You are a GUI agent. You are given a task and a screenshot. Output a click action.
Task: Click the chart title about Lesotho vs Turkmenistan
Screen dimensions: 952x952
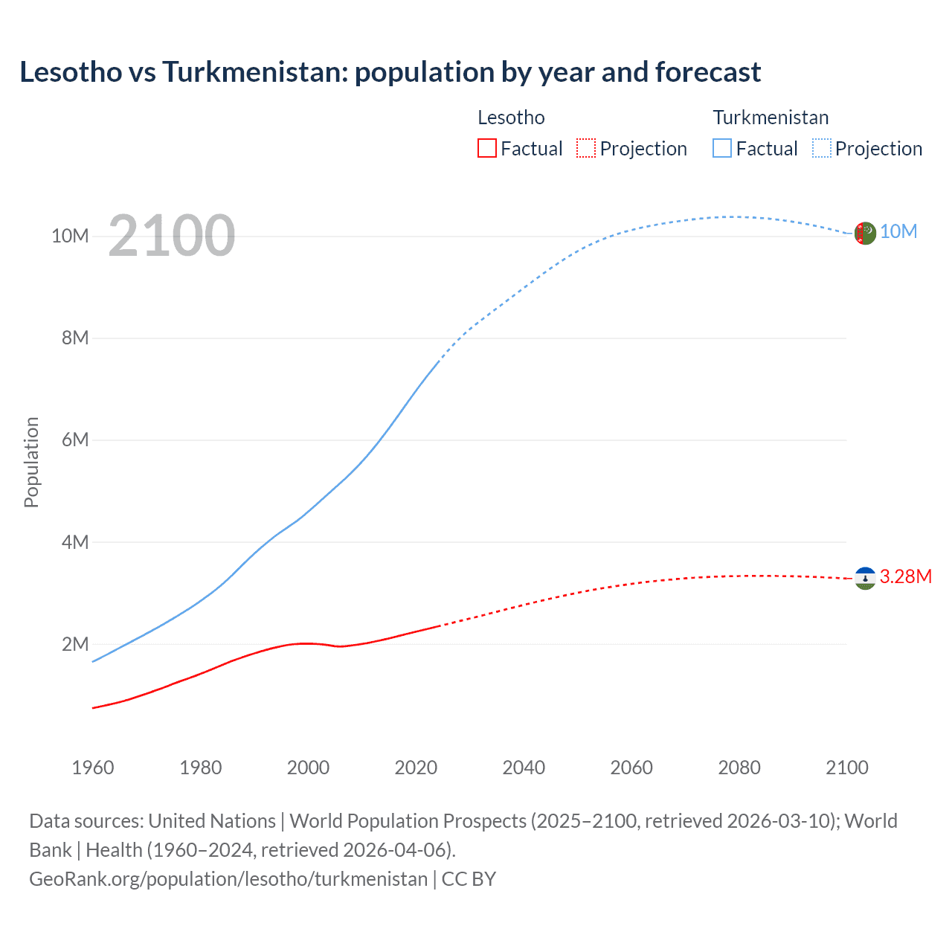(390, 72)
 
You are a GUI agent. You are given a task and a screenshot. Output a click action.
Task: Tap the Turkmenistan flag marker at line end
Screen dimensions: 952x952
(865, 233)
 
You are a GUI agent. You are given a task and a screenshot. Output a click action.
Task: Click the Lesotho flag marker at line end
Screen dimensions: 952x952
(865, 579)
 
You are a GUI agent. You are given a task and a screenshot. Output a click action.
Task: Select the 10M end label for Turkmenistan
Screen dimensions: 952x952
(898, 232)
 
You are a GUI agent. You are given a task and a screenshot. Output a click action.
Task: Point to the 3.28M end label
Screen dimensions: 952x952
(905, 577)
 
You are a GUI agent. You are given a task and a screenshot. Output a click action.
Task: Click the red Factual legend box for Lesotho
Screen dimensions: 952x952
(486, 149)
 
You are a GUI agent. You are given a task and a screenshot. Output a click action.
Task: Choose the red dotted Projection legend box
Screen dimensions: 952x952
(586, 149)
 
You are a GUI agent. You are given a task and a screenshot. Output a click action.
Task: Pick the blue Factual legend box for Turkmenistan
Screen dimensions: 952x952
(722, 149)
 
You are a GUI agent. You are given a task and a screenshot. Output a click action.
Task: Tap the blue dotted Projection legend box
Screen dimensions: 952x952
(822, 149)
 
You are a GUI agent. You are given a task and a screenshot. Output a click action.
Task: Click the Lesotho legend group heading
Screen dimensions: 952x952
(511, 118)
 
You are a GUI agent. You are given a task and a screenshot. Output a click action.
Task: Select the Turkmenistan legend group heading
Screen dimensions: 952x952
(771, 118)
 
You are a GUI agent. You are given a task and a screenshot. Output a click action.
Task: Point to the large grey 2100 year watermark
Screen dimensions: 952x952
(172, 236)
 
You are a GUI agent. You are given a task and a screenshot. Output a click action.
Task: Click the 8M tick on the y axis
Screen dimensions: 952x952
(75, 338)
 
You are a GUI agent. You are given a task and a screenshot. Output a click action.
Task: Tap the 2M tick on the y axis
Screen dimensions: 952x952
(75, 644)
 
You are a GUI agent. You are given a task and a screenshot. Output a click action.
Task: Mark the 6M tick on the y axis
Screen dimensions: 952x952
(75, 440)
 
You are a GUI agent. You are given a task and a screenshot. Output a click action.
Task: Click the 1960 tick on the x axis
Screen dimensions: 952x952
(93, 768)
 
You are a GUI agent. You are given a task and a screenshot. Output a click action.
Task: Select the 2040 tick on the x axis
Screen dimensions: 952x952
(524, 768)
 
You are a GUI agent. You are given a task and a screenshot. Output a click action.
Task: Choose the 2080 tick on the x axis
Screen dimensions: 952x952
(739, 768)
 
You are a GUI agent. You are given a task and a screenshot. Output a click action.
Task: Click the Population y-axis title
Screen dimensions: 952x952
(31, 462)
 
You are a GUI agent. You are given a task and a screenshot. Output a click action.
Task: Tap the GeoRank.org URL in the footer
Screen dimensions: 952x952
(228, 879)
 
